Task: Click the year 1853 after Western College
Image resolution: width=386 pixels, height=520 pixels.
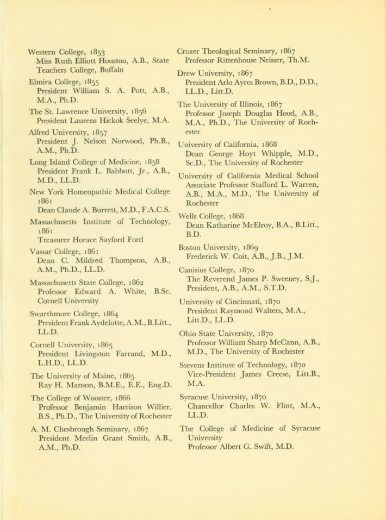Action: (x=95, y=52)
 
